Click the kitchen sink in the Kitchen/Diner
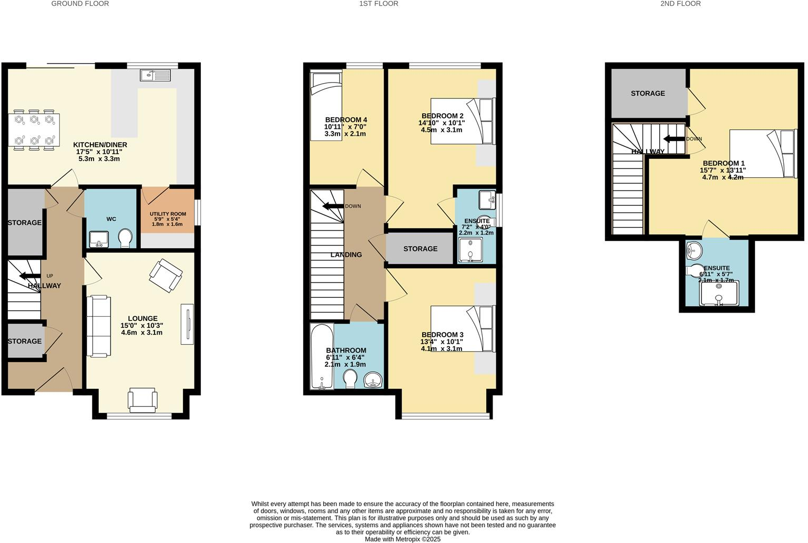[x=156, y=75]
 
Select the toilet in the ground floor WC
[x=126, y=238]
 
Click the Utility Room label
[x=168, y=214]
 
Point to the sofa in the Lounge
[x=98, y=326]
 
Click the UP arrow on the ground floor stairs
[x=30, y=276]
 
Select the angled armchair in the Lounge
[x=166, y=275]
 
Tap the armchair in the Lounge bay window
[x=142, y=400]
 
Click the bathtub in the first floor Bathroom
[x=321, y=357]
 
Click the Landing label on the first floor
[x=346, y=255]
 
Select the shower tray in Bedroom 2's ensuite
[x=470, y=250]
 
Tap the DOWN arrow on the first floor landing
[x=333, y=206]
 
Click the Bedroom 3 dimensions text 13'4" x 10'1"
[x=442, y=341]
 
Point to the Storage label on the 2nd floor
[x=648, y=93]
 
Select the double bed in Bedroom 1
[x=762, y=153]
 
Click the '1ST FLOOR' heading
[x=379, y=4]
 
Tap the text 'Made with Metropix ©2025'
[x=403, y=539]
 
